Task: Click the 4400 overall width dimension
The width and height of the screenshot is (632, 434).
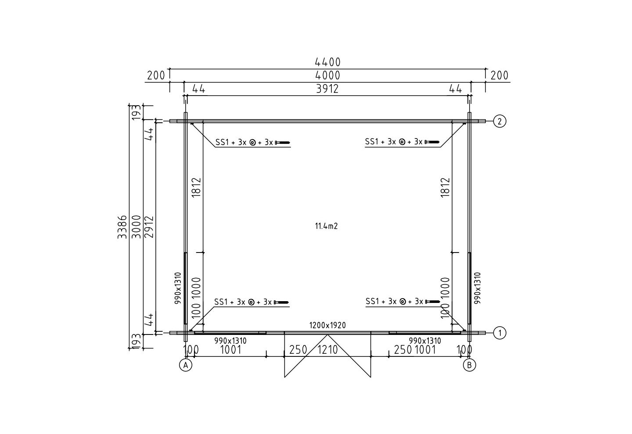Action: click(327, 62)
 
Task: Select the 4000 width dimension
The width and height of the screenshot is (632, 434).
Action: click(327, 75)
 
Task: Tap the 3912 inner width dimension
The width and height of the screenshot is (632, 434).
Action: click(327, 89)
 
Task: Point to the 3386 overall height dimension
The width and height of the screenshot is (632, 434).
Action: click(122, 227)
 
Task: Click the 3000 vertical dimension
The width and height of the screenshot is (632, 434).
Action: click(136, 227)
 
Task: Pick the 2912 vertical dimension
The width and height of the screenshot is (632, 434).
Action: click(149, 227)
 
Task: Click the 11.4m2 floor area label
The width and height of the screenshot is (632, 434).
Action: click(326, 226)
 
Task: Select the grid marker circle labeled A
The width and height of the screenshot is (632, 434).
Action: click(186, 365)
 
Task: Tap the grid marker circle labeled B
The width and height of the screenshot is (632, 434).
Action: click(470, 365)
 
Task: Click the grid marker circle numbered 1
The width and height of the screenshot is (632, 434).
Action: click(499, 333)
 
